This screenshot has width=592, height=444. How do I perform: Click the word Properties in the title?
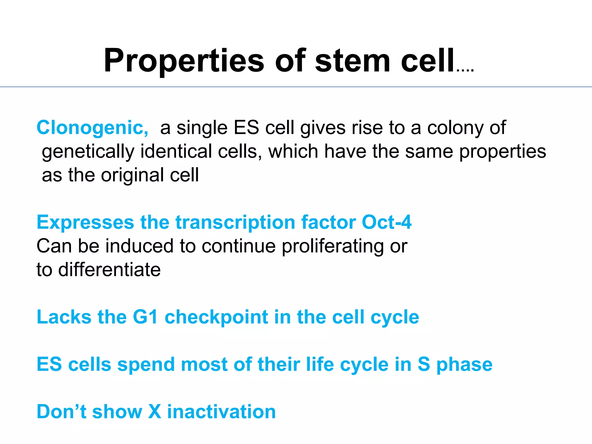tap(184, 61)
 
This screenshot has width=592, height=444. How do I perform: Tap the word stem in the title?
tap(353, 61)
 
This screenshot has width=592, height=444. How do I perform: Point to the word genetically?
tap(88, 151)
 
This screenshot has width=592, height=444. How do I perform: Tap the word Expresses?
tap(85, 222)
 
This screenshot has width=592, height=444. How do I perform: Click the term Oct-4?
tap(386, 222)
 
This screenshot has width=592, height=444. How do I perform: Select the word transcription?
tap(235, 222)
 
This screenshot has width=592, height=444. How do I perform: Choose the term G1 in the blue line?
tap(145, 317)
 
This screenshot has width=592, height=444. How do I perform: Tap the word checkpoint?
tap(216, 317)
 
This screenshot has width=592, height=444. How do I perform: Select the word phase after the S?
tap(464, 365)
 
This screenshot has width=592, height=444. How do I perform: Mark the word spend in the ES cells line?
tap(146, 365)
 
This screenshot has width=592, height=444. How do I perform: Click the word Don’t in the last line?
tap(62, 412)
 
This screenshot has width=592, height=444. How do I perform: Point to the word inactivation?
tap(221, 412)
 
